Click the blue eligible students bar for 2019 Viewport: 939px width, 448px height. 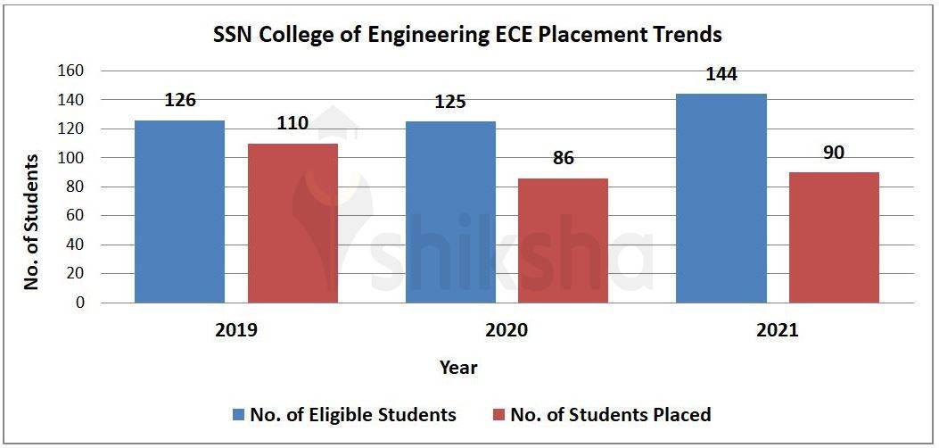pos(179,212)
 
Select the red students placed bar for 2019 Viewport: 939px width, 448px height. pos(292,223)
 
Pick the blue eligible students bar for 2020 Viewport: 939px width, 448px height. pos(450,212)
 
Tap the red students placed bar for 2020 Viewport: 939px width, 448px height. pos(563,240)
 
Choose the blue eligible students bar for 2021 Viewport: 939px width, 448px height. pos(721,198)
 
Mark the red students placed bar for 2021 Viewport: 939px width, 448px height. pos(834,237)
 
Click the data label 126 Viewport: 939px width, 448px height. pos(179,100)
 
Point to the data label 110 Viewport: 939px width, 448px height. pos(292,123)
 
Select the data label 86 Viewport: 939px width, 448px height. pos(563,158)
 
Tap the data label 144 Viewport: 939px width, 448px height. pos(721,74)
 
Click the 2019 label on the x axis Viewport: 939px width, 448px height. pos(236,330)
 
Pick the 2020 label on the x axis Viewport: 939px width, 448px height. pos(507,330)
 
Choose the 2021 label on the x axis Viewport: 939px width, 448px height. pos(777,330)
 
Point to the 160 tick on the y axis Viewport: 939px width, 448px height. pos(71,71)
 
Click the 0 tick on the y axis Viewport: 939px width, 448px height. pos(80,303)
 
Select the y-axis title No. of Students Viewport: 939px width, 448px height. pos(32,221)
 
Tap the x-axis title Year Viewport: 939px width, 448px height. pos(458,368)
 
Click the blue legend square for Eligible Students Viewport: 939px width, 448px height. pos(238,415)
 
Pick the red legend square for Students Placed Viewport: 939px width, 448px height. pos(498,415)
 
